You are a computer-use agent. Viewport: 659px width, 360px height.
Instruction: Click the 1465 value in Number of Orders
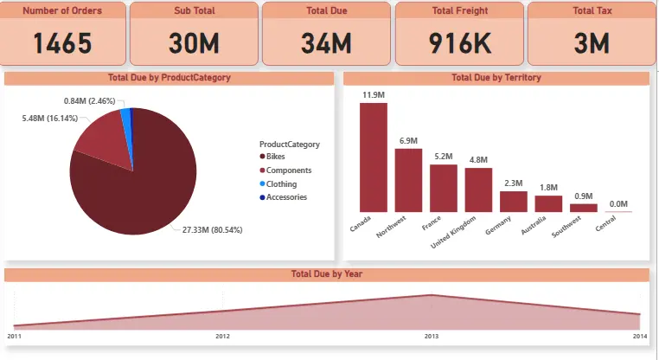pyautogui.click(x=61, y=42)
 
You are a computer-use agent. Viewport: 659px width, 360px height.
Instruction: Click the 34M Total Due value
pyautogui.click(x=325, y=42)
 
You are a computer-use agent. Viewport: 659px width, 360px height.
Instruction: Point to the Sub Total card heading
pyautogui.click(x=193, y=11)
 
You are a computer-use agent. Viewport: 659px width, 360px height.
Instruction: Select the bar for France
pyautogui.click(x=444, y=188)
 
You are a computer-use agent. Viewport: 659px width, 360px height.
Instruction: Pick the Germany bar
pyautogui.click(x=514, y=201)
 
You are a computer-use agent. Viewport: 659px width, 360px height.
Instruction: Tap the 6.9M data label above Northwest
pyautogui.click(x=408, y=140)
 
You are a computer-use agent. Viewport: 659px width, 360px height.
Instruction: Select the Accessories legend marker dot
pyautogui.click(x=263, y=197)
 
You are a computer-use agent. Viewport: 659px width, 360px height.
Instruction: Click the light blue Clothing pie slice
pyautogui.click(x=126, y=115)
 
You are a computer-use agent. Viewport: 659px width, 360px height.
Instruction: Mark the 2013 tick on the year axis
pyautogui.click(x=430, y=335)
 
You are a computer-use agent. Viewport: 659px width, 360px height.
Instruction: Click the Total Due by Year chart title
pyautogui.click(x=326, y=274)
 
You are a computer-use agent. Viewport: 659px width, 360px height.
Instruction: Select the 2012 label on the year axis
pyautogui.click(x=222, y=335)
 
